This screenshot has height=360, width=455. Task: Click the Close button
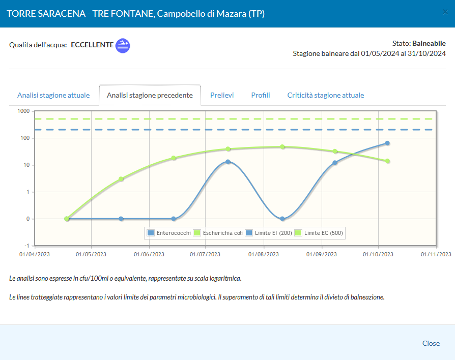[x=431, y=343]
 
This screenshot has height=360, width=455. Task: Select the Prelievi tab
[x=222, y=95]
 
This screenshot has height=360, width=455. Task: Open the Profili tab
[x=261, y=95]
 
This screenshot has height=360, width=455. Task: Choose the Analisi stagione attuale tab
[x=53, y=95]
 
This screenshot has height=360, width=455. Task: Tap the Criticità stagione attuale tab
[x=326, y=95]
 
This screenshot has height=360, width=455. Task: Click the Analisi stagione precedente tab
[x=150, y=95]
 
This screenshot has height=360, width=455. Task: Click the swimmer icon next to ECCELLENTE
[x=123, y=46]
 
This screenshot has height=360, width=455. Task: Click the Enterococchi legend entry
[x=169, y=233]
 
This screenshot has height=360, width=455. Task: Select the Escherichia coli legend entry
[x=218, y=233]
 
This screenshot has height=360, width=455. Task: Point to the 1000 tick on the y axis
[x=23, y=111]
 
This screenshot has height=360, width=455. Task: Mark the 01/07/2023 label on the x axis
[x=205, y=254]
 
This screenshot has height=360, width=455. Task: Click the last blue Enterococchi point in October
[x=387, y=143]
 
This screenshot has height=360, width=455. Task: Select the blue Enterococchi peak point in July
[x=228, y=162]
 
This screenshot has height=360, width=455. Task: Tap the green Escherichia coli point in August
[x=282, y=147]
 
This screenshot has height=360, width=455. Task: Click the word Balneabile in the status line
[x=429, y=43]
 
